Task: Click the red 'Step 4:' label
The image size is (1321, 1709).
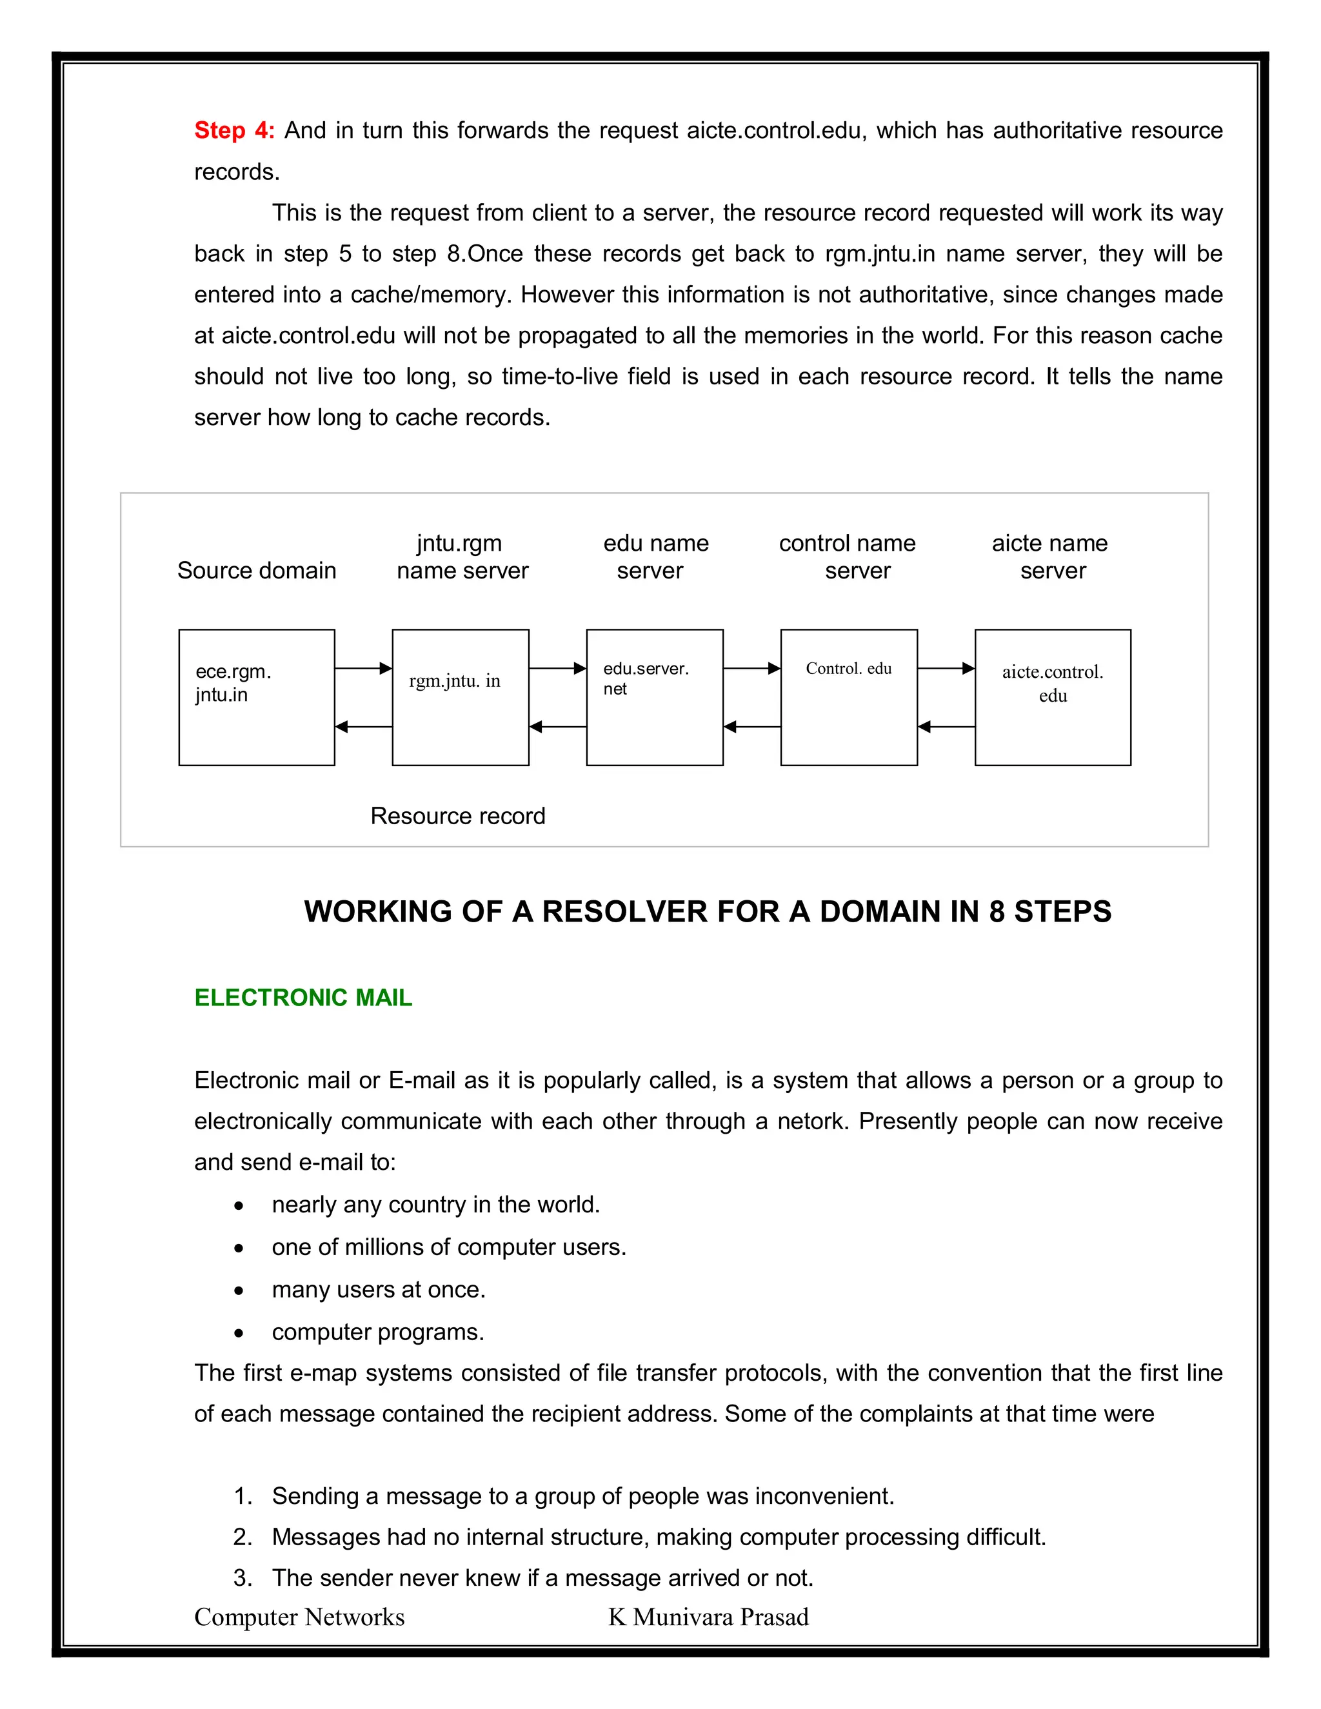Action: click(234, 130)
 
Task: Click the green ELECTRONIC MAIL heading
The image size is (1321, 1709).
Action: click(303, 998)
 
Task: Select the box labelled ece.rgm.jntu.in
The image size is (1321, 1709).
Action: click(257, 697)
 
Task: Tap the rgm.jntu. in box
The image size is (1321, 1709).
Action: click(460, 697)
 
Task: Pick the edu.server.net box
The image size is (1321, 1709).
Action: click(654, 697)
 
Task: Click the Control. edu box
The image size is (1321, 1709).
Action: click(848, 697)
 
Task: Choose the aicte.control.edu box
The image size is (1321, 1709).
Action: click(1053, 697)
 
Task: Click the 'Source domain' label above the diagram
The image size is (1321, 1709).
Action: click(257, 571)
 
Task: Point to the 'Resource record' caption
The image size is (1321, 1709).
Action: click(458, 816)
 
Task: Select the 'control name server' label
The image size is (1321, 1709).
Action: click(848, 557)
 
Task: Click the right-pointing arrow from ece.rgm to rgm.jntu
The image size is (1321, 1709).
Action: click(363, 668)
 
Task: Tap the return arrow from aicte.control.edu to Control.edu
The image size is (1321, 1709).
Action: click(946, 727)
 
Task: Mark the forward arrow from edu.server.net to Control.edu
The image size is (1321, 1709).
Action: click(751, 668)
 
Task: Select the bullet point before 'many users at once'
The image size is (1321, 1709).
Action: click(239, 1291)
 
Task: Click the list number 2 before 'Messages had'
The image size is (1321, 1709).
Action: click(242, 1537)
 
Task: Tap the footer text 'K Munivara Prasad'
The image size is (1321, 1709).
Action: click(708, 1617)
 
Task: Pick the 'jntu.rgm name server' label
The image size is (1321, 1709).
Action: click(462, 557)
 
